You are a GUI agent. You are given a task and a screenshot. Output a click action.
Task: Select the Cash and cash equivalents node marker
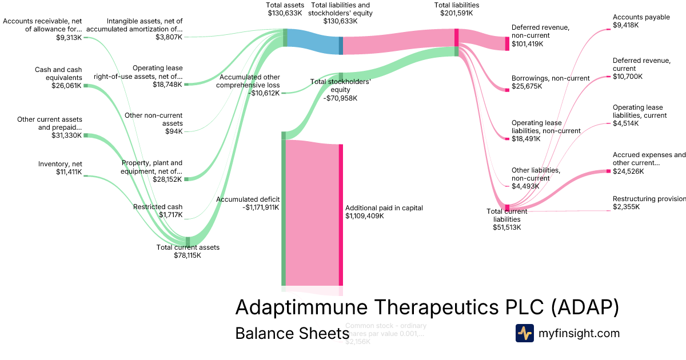[86, 86]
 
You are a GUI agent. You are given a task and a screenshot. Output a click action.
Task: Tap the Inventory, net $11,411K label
[61, 168]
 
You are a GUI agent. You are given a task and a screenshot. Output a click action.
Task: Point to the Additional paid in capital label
[384, 212]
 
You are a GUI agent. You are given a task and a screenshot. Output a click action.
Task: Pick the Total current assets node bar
[188, 241]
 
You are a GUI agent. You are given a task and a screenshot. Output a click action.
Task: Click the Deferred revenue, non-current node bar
[507, 43]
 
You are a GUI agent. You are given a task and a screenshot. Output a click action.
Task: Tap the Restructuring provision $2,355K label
[649, 202]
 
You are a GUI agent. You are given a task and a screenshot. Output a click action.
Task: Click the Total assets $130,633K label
[285, 9]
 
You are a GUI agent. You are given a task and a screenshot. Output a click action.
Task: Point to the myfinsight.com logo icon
[524, 333]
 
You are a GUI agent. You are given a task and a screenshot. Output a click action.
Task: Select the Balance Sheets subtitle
[292, 333]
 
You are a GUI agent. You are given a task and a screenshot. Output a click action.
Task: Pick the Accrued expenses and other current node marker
[609, 171]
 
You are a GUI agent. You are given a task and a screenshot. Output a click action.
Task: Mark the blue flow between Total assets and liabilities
[313, 42]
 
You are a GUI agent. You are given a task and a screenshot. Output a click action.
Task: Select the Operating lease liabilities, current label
[639, 115]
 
